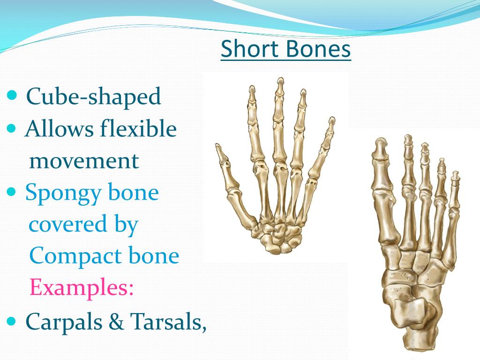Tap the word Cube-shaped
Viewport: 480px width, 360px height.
click(93, 97)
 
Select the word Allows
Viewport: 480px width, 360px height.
click(59, 129)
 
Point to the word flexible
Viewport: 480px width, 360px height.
click(138, 129)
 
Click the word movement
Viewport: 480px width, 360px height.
click(84, 161)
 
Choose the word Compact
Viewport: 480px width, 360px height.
click(71, 256)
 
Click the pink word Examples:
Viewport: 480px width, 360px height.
click(82, 288)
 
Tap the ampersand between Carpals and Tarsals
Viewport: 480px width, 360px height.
click(118, 321)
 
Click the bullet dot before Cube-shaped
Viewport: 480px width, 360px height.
click(13, 97)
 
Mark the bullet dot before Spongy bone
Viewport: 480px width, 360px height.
click(13, 192)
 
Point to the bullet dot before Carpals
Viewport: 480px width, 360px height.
click(13, 321)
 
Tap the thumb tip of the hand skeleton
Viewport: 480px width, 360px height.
click(218, 149)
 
